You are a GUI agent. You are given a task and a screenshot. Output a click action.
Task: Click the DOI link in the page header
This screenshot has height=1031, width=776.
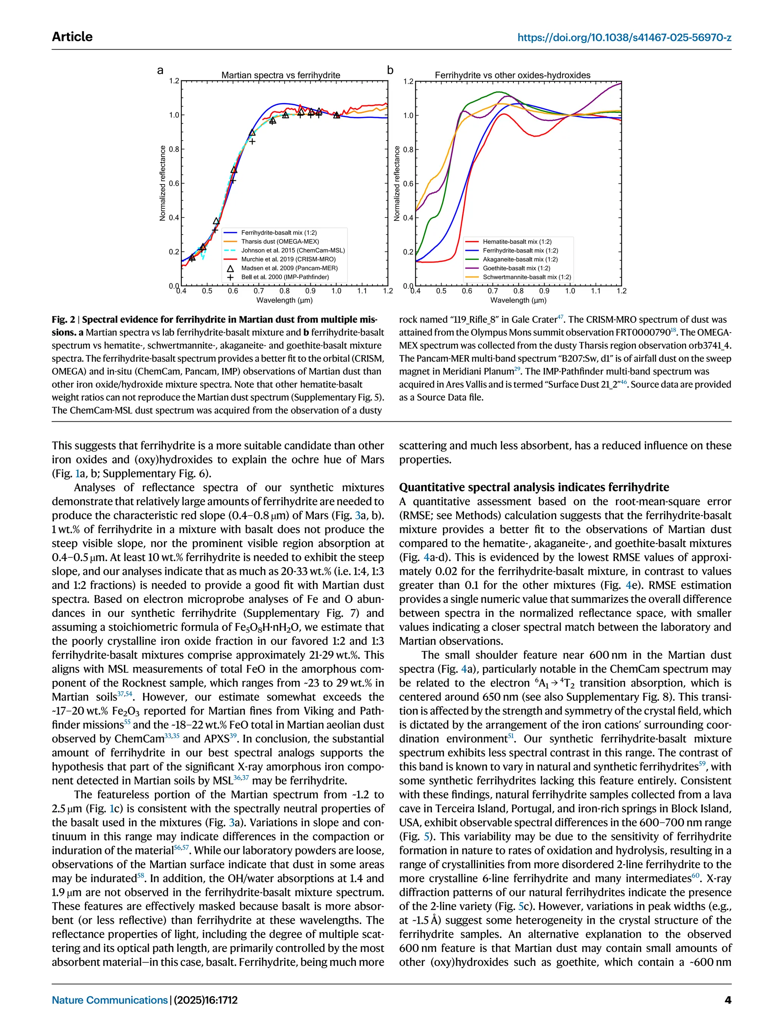(x=624, y=37)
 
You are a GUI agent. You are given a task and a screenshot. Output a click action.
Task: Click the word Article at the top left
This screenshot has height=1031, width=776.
(x=72, y=37)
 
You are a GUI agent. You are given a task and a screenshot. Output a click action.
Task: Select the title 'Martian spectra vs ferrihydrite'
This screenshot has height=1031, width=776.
(x=280, y=75)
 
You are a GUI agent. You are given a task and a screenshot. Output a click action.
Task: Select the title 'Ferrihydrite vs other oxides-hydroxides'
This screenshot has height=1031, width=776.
(x=512, y=75)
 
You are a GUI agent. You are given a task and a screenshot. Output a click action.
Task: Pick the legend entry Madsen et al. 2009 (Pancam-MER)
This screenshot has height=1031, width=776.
(x=289, y=268)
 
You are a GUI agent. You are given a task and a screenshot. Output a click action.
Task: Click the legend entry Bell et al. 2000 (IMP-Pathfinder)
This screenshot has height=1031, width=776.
(x=285, y=277)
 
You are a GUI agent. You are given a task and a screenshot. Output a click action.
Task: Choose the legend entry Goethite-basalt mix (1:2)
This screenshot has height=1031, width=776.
(x=516, y=268)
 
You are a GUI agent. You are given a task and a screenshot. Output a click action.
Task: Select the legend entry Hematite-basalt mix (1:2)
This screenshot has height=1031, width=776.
(x=517, y=241)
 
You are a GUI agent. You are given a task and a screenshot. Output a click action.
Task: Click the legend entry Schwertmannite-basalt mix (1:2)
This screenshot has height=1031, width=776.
(x=527, y=277)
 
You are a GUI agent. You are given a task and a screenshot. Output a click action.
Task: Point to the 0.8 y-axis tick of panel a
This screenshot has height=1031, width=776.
(x=174, y=149)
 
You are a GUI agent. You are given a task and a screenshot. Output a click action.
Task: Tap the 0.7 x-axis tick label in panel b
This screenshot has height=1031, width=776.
(x=493, y=291)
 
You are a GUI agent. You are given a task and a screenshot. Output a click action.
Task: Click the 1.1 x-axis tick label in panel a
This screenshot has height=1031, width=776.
(x=362, y=291)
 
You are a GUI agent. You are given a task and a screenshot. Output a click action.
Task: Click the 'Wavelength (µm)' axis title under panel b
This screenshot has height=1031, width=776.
(x=518, y=300)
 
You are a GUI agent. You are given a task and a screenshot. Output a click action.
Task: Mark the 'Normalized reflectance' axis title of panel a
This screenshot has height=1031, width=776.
(x=163, y=183)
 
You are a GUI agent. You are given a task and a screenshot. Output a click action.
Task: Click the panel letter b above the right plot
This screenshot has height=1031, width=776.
(x=390, y=70)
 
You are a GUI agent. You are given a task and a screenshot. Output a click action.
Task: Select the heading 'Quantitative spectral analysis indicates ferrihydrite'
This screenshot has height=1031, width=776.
(x=533, y=487)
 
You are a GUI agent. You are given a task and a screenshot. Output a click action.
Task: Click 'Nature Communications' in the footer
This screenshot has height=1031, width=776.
(x=110, y=1000)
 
